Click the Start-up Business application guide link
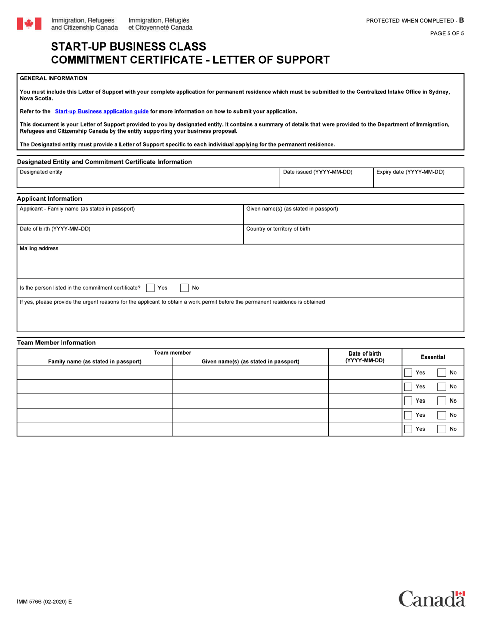coord(102,111)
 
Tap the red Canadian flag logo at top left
coord(29,24)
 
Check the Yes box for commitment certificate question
coord(150,288)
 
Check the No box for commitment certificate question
coord(185,288)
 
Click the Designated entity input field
coord(148,181)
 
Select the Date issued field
coord(326,181)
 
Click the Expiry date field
coord(418,181)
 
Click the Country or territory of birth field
coord(353,237)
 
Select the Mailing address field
coord(240,264)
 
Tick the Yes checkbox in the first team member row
coord(408,373)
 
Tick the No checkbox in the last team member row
coord(442,429)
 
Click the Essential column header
coord(433,357)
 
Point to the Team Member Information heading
coord(56,343)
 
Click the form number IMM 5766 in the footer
coord(45,602)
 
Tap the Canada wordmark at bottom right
coord(431,599)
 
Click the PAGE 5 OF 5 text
coord(447,34)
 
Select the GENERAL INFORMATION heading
coord(53,78)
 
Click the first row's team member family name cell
coord(95,373)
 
